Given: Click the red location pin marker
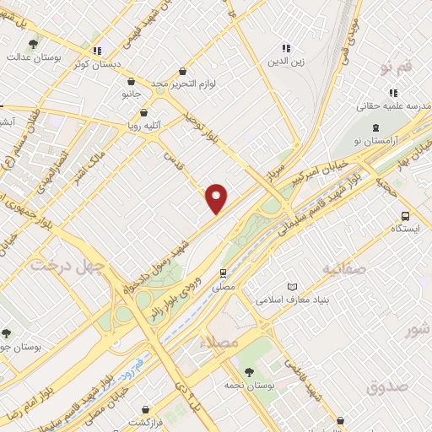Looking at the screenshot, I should [x=217, y=199].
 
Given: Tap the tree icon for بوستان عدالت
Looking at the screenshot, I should [x=33, y=44].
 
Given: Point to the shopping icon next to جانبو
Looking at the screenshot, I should [x=131, y=82].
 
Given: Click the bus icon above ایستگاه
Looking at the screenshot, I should [x=406, y=215].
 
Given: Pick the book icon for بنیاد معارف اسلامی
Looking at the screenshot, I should [x=293, y=286].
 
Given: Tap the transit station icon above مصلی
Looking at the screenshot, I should [x=223, y=273].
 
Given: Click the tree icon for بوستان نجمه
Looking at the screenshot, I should [x=248, y=371].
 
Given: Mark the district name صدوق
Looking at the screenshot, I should [x=387, y=386].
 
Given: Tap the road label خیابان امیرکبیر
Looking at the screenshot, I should [x=323, y=169].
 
